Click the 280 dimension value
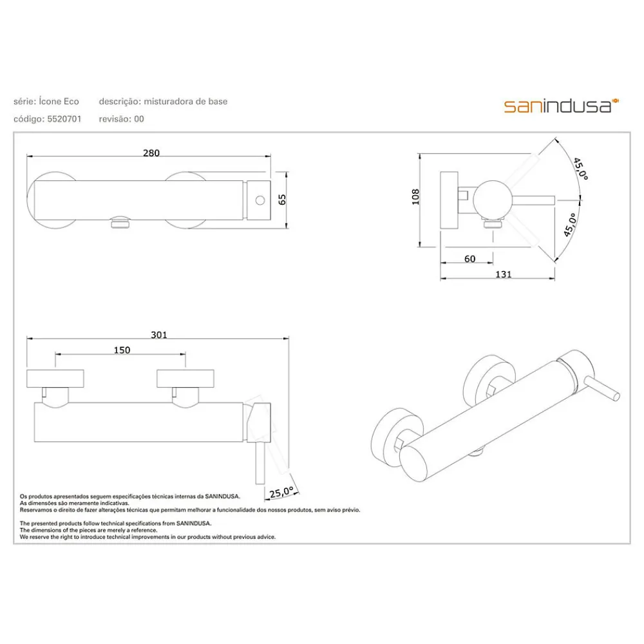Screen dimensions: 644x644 tap(151, 153)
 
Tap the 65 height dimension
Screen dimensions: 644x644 tap(282, 200)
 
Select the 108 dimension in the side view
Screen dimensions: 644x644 tap(415, 196)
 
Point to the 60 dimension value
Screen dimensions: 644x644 tap(470, 259)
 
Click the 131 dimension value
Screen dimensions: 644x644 tap(504, 274)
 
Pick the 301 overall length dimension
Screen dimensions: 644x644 tap(159, 335)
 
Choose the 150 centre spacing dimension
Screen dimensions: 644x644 tap(122, 350)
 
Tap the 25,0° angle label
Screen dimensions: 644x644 tap(281, 491)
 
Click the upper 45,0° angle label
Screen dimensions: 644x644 tap(581, 168)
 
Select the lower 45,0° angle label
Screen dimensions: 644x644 tap(570, 225)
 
